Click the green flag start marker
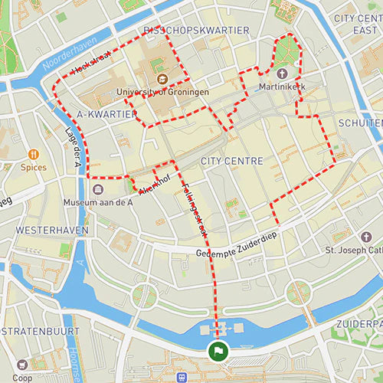click(218, 352)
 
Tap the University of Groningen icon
click(162, 79)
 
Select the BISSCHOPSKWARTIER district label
click(196, 30)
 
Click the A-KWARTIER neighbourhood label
click(106, 114)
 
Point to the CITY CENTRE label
click(231, 162)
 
